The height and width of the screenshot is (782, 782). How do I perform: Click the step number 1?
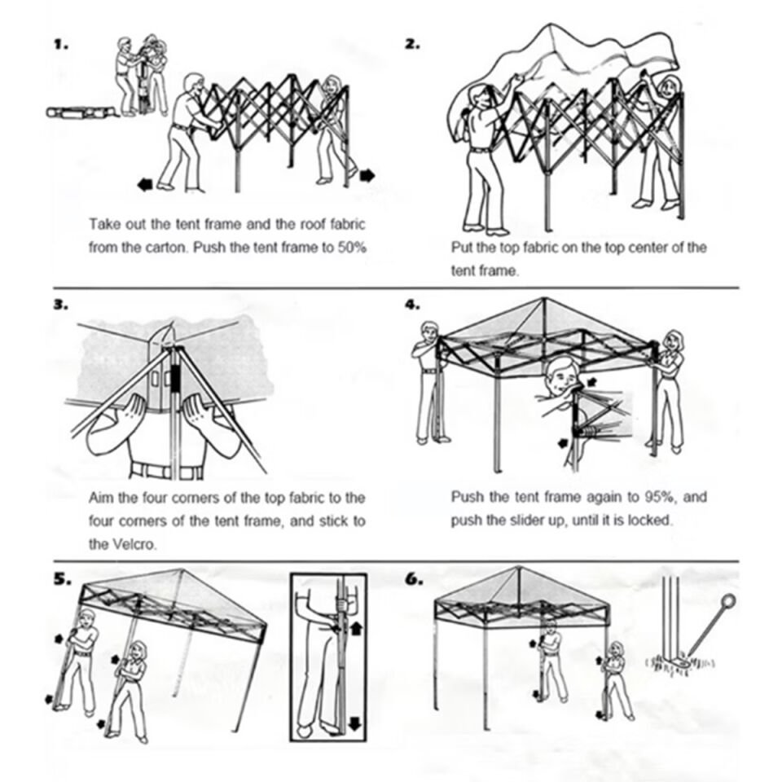click(59, 45)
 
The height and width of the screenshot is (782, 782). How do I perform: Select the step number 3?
click(59, 305)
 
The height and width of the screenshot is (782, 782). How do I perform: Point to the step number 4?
click(412, 305)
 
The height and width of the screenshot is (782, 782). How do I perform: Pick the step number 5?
click(62, 580)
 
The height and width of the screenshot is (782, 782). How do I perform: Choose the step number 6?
click(414, 579)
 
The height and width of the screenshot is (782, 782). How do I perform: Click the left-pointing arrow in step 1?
click(145, 185)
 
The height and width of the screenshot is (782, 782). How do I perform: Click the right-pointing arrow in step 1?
click(367, 174)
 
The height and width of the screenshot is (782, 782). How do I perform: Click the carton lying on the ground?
click(80, 112)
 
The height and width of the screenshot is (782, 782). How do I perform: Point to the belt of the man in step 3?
click(166, 472)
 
